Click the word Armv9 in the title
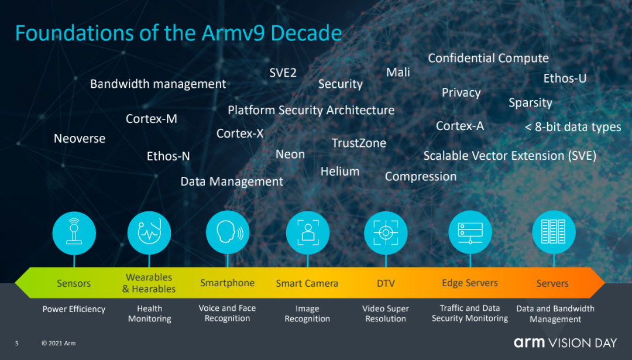[233, 33]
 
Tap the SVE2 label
[283, 73]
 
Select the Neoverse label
[80, 139]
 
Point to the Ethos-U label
[565, 78]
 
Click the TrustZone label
[359, 143]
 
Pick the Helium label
[340, 172]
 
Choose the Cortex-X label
[240, 133]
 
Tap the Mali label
[398, 72]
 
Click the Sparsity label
[530, 103]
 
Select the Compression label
[421, 177]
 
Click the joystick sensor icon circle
[74, 233]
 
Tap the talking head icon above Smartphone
[228, 232]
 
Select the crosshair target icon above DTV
[386, 232]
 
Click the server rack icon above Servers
[554, 232]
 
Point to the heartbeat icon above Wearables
[149, 232]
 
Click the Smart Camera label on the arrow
[307, 283]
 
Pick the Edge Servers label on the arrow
[469, 283]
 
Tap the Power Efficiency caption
[74, 309]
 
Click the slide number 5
[16, 344]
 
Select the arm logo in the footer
[529, 342]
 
